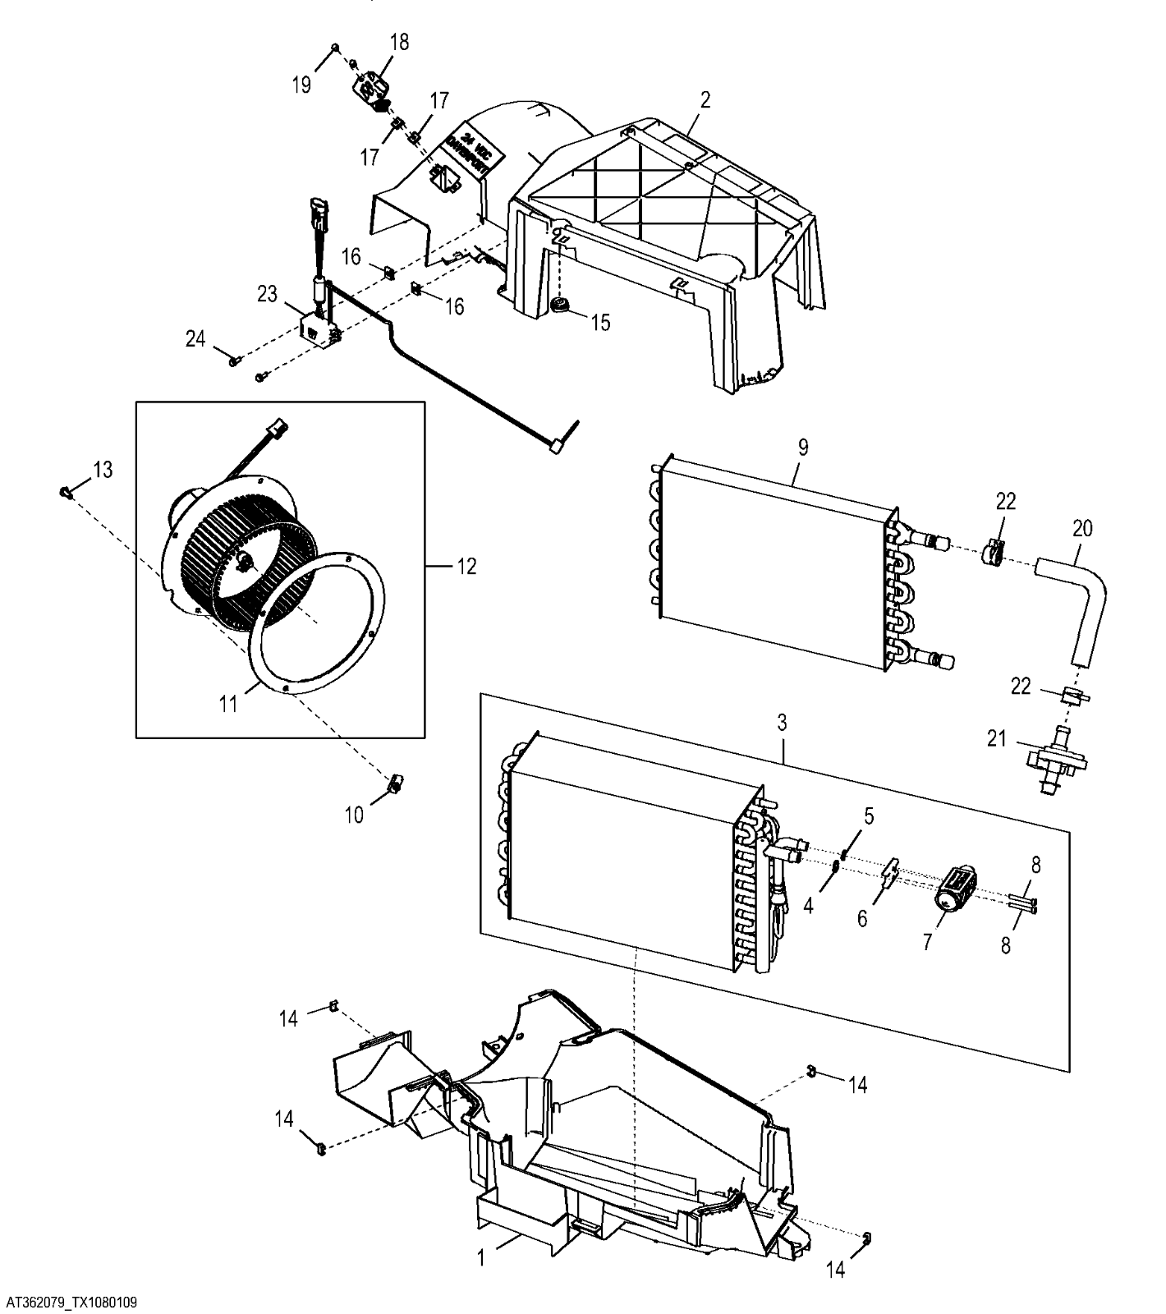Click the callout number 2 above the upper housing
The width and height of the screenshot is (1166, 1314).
pos(705,100)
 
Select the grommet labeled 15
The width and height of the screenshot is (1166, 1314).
pos(561,305)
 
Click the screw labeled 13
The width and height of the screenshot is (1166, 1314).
pos(65,491)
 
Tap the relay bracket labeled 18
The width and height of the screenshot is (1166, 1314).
pos(372,85)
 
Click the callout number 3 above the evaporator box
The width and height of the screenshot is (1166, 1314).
pos(782,723)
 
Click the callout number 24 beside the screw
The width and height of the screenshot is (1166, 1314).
pos(195,338)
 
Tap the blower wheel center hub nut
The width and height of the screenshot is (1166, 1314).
pos(244,562)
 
